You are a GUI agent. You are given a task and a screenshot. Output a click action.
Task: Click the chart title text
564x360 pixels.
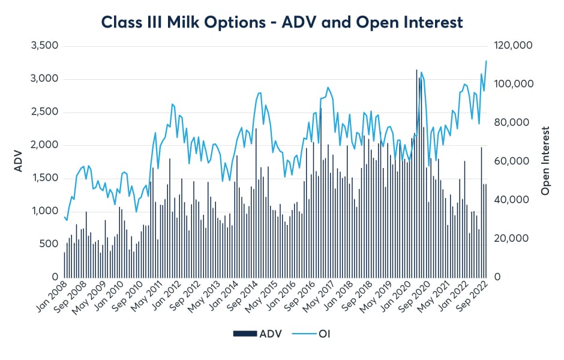click(282, 22)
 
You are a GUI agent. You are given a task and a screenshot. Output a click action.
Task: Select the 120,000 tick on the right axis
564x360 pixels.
click(511, 46)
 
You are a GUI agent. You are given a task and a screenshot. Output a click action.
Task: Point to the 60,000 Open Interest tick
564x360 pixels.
click(509, 161)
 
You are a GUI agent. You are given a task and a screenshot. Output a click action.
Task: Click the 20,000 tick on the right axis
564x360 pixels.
click(509, 239)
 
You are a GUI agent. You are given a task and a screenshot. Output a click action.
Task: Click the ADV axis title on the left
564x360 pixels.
click(18, 161)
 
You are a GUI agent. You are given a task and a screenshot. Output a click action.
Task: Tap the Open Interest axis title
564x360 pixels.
click(545, 161)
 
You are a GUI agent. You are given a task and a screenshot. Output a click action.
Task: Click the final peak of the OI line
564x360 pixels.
click(486, 61)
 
